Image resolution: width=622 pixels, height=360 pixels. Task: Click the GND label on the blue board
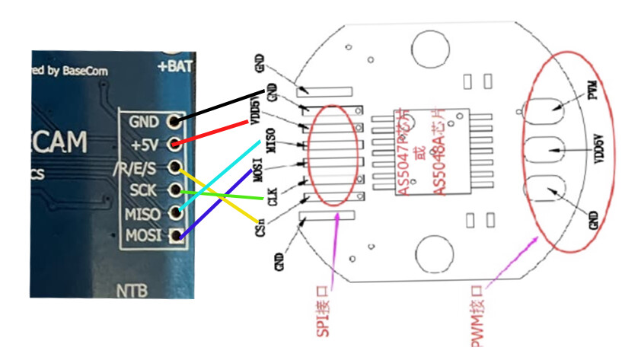(145, 122)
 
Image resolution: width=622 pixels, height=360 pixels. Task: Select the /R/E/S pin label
(137, 167)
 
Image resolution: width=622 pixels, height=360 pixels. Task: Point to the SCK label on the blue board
(145, 190)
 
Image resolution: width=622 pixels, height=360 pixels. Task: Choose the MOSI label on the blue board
(144, 234)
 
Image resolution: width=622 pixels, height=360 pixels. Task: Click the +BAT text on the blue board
(174, 66)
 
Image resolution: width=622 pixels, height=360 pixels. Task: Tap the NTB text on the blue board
(130, 290)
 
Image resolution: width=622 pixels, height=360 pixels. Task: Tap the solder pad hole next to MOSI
(177, 235)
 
